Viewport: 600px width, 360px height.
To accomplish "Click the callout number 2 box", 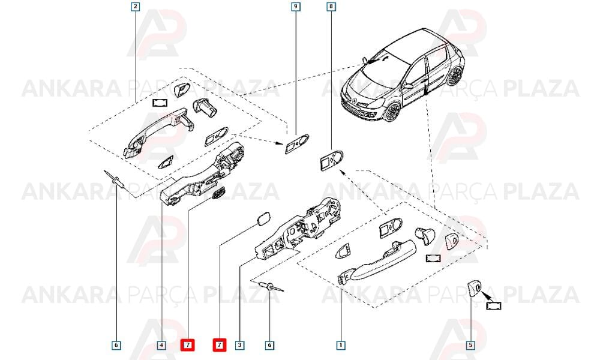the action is (135, 7).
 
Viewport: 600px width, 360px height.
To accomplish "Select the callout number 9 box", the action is (296, 7).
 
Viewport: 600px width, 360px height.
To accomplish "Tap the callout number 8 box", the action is (331, 7).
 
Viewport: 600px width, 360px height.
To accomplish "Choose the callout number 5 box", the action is (470, 345).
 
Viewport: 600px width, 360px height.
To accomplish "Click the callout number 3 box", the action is (239, 345).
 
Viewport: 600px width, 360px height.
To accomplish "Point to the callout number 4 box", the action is (161, 345).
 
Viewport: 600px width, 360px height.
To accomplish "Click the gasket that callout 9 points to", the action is (296, 143).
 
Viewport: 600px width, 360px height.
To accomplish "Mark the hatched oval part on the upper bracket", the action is (218, 193).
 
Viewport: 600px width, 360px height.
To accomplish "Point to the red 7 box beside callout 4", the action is (187, 345).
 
